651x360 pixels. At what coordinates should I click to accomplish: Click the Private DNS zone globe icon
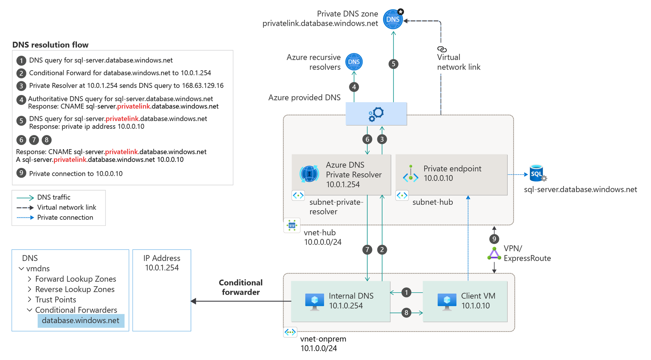393,19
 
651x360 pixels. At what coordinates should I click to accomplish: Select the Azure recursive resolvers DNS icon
354,62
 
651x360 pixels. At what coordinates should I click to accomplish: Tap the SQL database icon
537,173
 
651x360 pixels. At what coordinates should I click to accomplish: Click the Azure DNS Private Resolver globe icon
309,174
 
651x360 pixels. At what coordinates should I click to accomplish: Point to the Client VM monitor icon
447,301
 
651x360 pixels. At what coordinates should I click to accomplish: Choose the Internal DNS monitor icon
314,301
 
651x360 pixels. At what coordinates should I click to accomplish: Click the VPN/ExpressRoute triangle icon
494,254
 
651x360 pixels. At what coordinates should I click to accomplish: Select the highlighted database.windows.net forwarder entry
81,321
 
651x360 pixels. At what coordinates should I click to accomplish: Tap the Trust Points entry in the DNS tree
56,300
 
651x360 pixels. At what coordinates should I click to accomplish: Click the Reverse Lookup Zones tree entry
75,289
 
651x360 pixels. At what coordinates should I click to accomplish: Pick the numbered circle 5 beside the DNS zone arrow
394,64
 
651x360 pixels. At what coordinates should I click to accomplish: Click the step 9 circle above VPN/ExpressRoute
494,239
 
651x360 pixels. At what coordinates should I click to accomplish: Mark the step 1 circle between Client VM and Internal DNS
406,292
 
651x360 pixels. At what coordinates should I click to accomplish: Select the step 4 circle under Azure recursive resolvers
354,87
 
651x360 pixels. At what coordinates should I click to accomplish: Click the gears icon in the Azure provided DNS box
376,114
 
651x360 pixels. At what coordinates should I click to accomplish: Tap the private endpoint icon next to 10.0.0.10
411,174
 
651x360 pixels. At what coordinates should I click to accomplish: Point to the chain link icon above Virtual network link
442,49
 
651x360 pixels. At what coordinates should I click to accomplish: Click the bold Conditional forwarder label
241,287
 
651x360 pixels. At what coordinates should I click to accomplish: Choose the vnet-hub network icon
292,225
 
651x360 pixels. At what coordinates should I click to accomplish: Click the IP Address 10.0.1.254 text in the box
162,263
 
